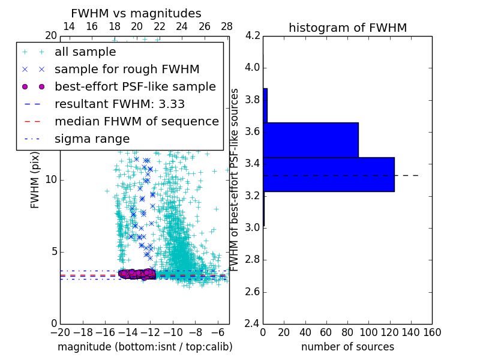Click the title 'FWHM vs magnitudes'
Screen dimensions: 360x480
136,13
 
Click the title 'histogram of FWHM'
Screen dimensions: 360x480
347,28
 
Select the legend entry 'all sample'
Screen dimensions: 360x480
85,52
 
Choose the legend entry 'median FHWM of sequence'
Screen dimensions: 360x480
136,121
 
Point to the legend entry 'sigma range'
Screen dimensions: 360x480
92,139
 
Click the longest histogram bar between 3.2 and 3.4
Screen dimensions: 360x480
328,174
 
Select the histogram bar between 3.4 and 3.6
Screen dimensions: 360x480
310,140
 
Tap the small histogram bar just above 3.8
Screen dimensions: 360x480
265,106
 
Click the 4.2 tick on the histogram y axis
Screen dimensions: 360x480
253,36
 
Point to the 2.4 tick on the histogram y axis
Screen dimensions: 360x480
253,324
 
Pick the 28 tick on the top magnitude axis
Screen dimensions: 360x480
227,26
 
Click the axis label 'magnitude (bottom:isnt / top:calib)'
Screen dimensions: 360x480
145,347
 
